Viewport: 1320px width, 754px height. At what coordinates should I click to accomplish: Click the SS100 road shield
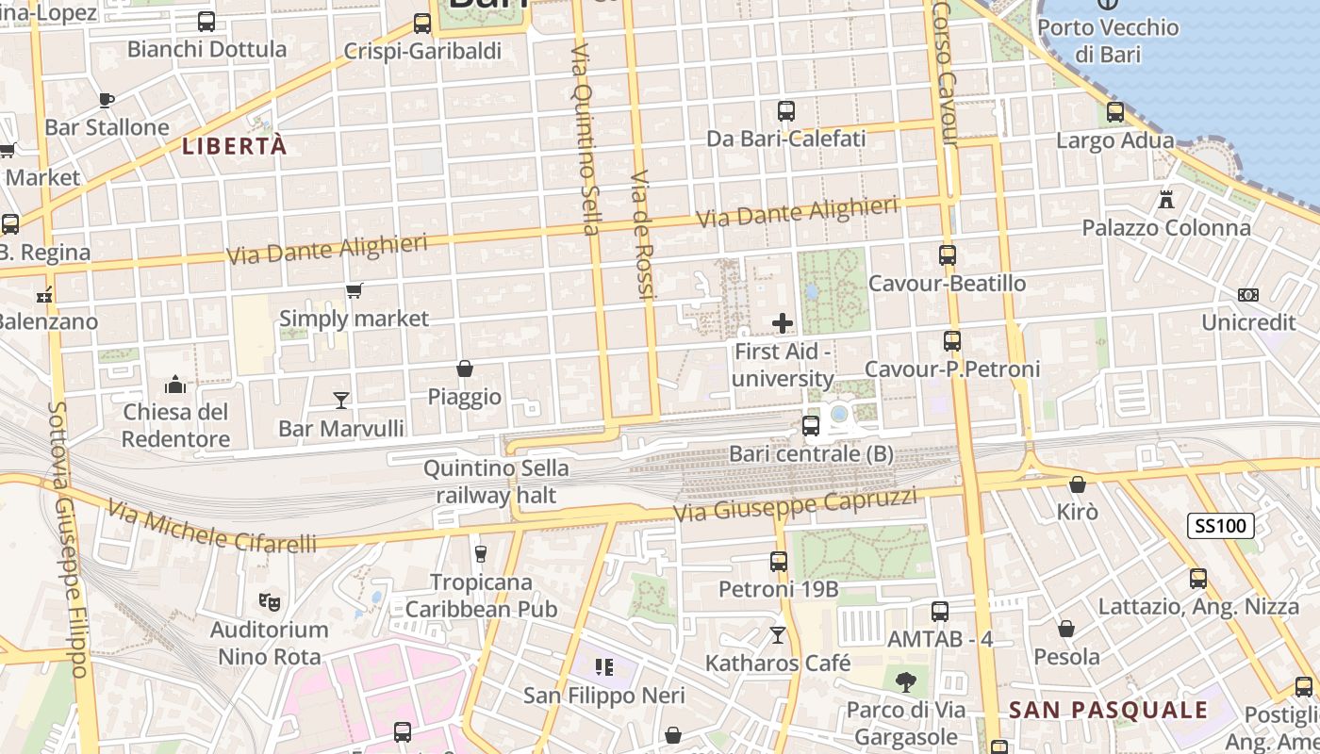coord(1220,526)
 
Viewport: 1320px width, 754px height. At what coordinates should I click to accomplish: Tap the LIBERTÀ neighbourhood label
coord(234,146)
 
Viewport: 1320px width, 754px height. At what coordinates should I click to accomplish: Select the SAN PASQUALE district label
coord(1108,710)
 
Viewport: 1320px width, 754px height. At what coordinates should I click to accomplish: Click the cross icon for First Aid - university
coord(783,324)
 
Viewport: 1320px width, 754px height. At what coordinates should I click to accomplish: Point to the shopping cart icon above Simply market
coord(354,290)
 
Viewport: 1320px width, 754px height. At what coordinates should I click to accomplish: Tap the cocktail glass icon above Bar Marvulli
coord(341,401)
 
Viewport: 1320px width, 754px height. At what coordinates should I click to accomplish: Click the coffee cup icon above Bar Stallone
coord(107,99)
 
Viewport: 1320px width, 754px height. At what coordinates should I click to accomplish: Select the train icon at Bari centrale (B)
coord(811,426)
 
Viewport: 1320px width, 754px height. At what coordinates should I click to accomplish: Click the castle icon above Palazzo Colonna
coord(1166,199)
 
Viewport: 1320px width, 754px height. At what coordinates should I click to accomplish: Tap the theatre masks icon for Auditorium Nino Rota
coord(269,600)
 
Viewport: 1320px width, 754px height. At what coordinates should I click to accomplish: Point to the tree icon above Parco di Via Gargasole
coord(906,680)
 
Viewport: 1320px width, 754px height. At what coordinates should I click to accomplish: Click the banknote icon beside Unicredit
coord(1248,295)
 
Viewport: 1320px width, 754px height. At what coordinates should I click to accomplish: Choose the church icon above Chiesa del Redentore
coord(175,385)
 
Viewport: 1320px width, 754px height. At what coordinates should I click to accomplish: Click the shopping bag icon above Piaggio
coord(465,368)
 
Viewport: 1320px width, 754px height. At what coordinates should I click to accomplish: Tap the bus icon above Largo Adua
coord(1115,112)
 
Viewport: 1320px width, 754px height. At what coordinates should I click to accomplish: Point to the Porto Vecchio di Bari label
coord(1108,41)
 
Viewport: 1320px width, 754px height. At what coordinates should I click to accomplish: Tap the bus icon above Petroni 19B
coord(779,562)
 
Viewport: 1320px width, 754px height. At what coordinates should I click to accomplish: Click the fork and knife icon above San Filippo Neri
coord(604,667)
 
